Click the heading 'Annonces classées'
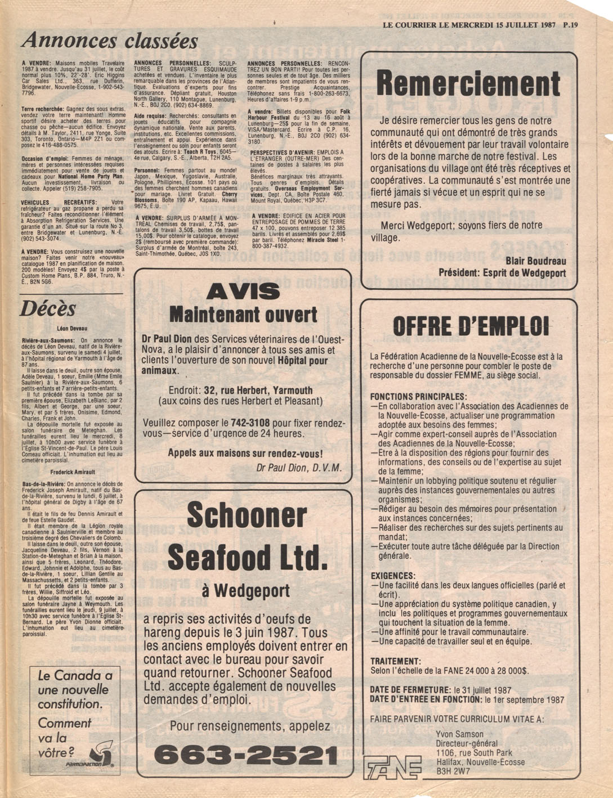[x=110, y=41]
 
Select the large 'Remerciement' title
[x=468, y=84]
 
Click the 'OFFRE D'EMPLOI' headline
[x=469, y=326]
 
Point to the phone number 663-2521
[x=246, y=755]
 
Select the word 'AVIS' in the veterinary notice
[x=243, y=291]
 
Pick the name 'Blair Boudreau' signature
[x=535, y=261]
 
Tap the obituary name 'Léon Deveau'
[x=72, y=327]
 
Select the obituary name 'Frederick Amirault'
[x=72, y=472]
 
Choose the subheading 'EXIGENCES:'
[x=393, y=576]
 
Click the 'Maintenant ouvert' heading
[x=243, y=314]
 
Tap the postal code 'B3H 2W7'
[x=453, y=772]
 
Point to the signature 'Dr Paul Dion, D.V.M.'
[x=298, y=468]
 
